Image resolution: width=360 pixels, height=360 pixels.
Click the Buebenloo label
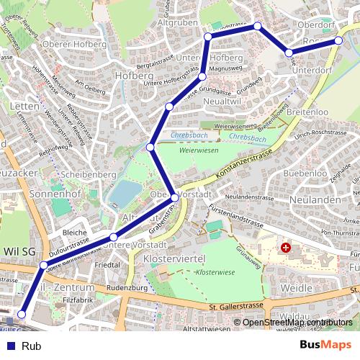pos(305,174)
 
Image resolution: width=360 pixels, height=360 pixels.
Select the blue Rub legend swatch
pos(11,346)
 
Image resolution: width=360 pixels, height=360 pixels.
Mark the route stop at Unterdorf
pos(289,53)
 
